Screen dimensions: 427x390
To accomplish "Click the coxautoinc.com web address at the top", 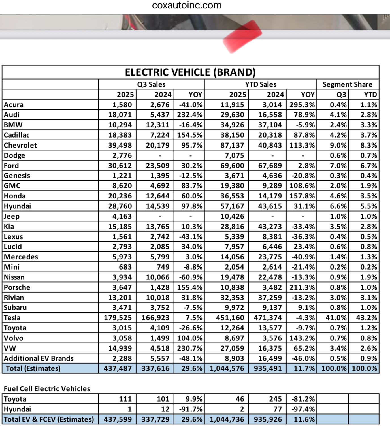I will coord(187,5).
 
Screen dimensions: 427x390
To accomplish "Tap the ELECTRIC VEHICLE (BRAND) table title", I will coord(190,72).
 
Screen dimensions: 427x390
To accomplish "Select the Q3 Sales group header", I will coord(151,84).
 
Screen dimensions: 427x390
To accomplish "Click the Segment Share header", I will coord(347,84).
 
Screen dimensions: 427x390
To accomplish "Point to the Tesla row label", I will coord(12,318).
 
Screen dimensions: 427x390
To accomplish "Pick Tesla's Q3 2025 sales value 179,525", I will coord(118,318).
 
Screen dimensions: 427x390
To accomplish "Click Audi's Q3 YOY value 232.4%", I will coord(189,115).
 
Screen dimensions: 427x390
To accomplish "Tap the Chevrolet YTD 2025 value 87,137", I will coord(232,145).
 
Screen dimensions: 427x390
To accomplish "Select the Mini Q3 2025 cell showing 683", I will coord(125,267).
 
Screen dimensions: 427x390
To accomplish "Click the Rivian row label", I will coord(14,298).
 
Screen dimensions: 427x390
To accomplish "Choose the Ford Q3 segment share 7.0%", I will coord(338,166).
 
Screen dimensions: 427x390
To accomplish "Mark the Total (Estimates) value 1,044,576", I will coord(227,368).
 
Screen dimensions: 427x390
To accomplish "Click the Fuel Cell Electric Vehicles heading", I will coord(47,389).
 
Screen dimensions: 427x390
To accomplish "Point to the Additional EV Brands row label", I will coord(39,358).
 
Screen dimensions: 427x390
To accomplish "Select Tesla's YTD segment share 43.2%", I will coord(366,318).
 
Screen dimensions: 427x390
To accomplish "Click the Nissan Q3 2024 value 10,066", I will coord(157,277).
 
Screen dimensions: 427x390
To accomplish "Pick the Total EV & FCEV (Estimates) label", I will coord(49,419).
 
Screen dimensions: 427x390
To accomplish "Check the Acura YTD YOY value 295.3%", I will coord(302,105).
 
